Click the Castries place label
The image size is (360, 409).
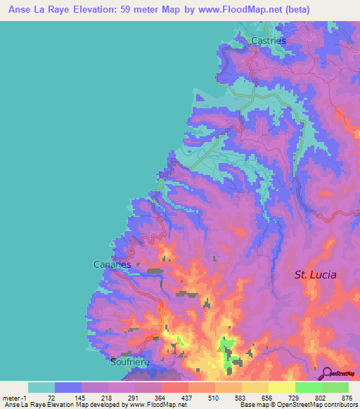[269, 41]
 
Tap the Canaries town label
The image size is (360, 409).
[112, 264]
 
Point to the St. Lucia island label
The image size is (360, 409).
[315, 275]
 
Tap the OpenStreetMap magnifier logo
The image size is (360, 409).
[327, 373]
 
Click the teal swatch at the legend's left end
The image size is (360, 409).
[41, 387]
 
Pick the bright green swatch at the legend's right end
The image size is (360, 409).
[335, 387]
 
